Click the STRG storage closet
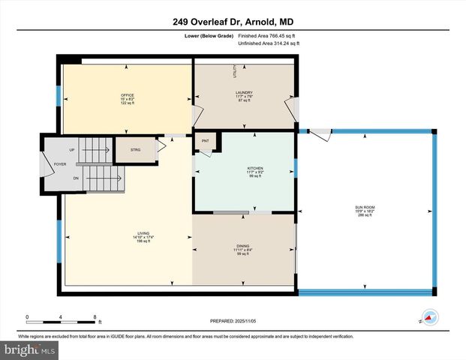135,150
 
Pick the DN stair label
76,178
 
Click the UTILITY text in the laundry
234,72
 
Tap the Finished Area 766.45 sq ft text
268,35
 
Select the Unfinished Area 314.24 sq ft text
269,43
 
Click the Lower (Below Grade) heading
208,35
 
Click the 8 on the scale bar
94,316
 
